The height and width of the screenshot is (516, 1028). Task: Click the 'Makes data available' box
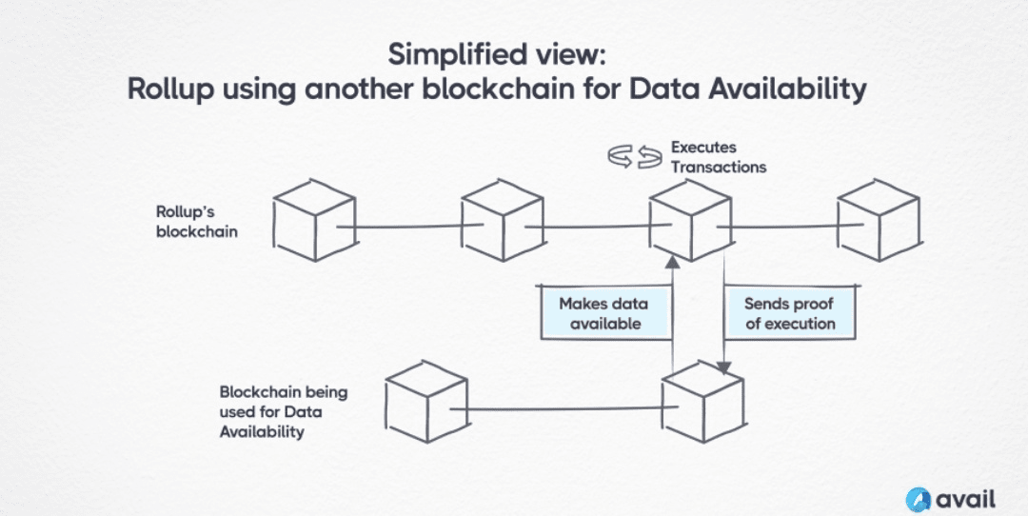tap(603, 313)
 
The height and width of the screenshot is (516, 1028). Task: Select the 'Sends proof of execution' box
tap(791, 313)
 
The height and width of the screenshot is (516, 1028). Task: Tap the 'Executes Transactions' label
tap(718, 157)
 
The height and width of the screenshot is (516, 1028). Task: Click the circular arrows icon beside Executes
tap(634, 158)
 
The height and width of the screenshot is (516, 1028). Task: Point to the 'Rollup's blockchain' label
tap(197, 222)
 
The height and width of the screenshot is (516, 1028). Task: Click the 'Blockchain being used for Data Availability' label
tap(284, 411)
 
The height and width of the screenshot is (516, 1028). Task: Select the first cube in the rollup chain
tap(315, 220)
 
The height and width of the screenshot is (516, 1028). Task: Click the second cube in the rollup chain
tap(503, 220)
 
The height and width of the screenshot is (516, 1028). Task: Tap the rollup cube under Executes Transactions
tap(690, 220)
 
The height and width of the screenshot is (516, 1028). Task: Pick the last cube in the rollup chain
tap(880, 220)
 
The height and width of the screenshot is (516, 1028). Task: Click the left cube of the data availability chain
tap(426, 402)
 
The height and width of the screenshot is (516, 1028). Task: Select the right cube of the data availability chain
tap(702, 402)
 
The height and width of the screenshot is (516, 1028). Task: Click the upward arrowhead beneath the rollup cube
tap(672, 263)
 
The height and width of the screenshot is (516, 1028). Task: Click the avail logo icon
tap(918, 500)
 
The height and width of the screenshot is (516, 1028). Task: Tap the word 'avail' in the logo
tap(966, 499)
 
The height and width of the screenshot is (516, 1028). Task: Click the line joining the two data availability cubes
tap(563, 409)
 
